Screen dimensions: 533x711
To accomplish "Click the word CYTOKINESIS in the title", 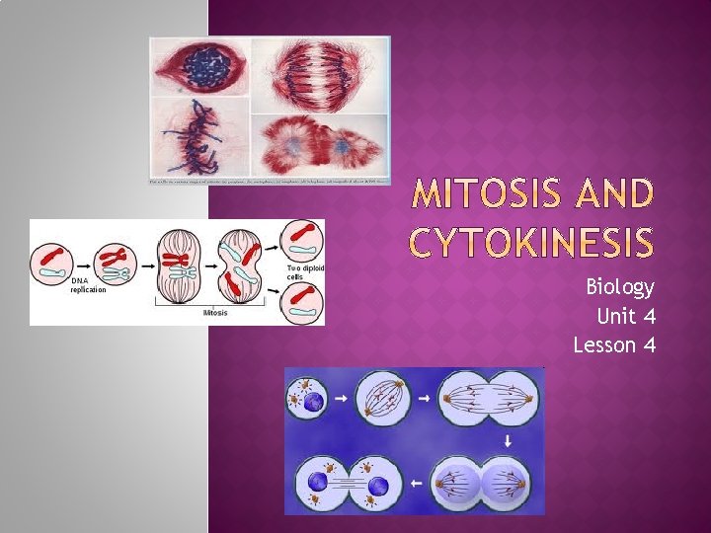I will pos(532,241).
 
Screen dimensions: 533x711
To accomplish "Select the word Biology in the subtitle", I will pos(619,287).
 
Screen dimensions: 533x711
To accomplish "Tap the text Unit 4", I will pos(625,316).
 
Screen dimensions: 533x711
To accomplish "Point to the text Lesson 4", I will pos(613,344).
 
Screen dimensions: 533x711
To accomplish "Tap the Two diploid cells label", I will pos(305,273).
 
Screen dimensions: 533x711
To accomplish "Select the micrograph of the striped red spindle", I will pos(320,74).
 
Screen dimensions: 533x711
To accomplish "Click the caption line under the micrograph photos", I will pos(270,182).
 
